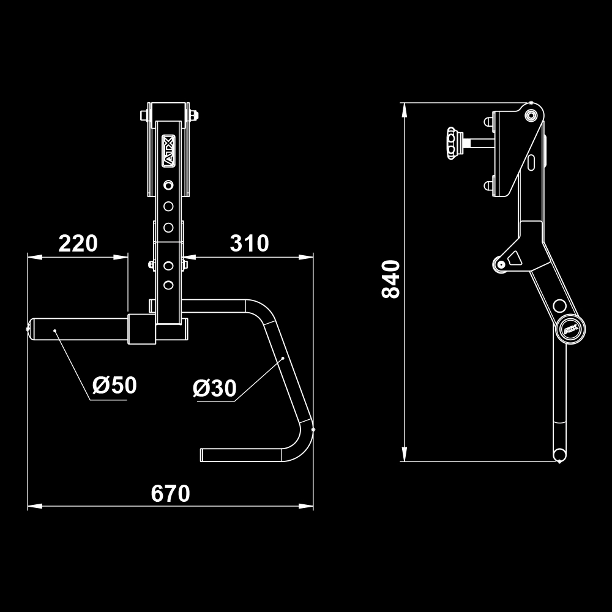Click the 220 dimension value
(78, 244)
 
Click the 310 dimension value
(249, 244)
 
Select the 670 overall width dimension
(170, 493)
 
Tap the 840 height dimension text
(390, 279)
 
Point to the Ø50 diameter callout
(114, 386)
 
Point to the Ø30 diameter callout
(214, 388)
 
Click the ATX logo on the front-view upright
(168, 151)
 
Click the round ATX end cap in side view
(570, 330)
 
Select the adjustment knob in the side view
(452, 143)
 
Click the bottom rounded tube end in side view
(559, 454)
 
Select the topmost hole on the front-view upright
(168, 185)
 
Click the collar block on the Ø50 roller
(141, 329)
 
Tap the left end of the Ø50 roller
(30, 329)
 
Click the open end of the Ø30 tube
(203, 454)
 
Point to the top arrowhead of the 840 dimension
(404, 110)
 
